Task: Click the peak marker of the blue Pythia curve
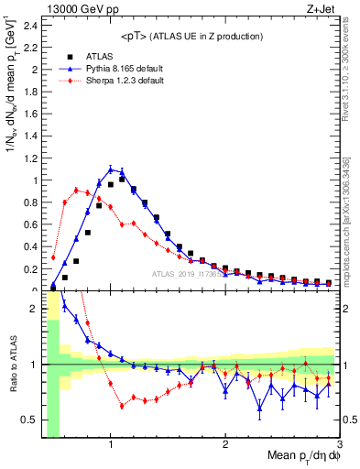(x=111, y=169)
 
